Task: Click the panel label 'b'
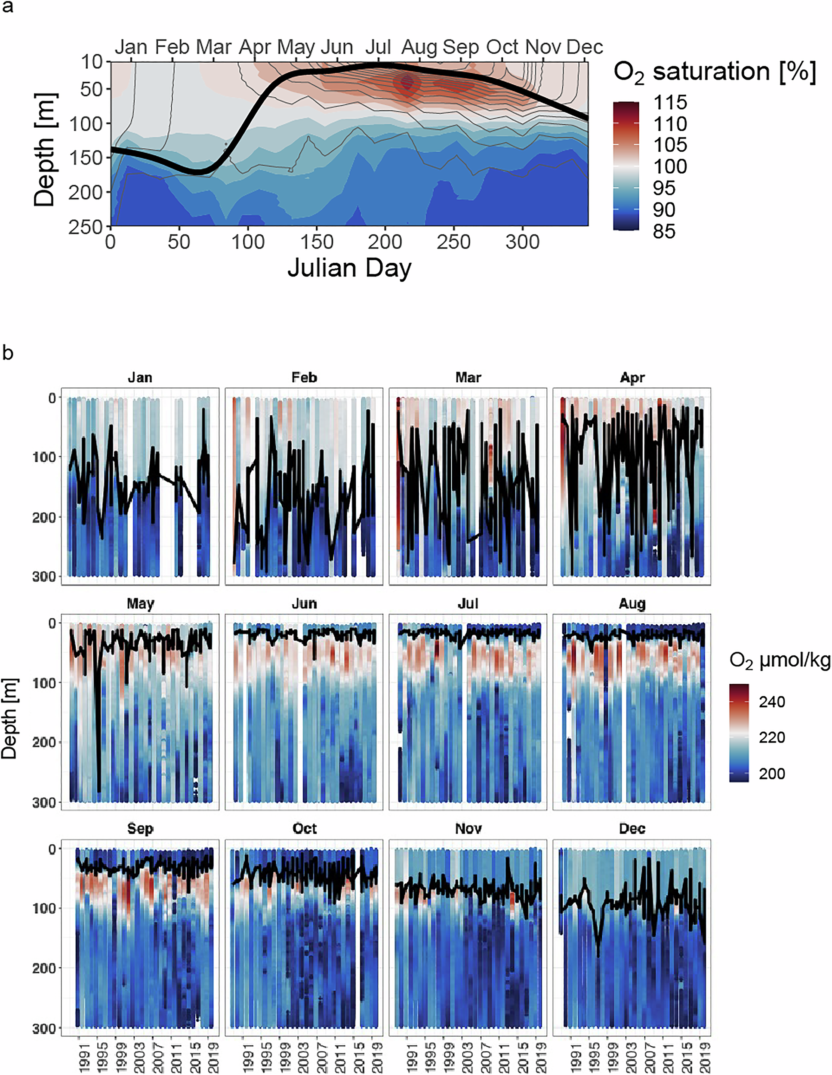(8, 353)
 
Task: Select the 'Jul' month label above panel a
(378, 47)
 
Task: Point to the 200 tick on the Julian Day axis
(385, 242)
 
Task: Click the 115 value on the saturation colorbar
(670, 102)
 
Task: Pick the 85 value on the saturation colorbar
(664, 231)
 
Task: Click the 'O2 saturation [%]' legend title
(715, 72)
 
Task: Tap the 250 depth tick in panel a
(85, 227)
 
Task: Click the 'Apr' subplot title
(632, 378)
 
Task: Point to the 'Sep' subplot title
(140, 829)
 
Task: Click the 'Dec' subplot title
(632, 829)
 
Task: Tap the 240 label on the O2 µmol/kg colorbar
(771, 701)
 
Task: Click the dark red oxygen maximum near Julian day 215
(407, 83)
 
